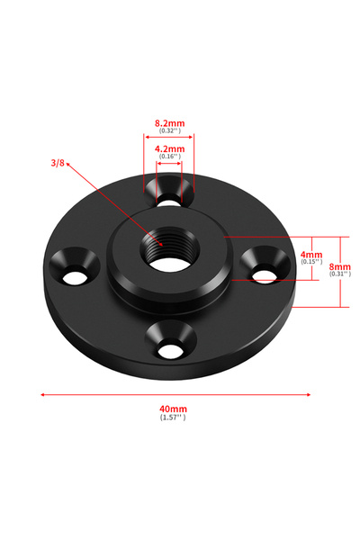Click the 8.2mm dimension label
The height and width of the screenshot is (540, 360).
click(x=169, y=123)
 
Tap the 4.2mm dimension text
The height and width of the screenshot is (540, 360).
click(x=169, y=148)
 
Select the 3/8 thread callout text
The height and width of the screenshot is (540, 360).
click(x=58, y=163)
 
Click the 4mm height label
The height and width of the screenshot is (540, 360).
click(x=311, y=255)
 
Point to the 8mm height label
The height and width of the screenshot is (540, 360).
click(x=339, y=266)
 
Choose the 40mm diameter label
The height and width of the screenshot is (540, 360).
click(x=173, y=409)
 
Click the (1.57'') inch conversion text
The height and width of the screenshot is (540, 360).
click(x=173, y=418)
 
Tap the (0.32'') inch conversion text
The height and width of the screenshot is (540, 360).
click(x=169, y=130)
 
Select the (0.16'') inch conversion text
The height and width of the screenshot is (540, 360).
click(x=169, y=157)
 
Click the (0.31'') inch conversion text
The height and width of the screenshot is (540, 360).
click(x=340, y=274)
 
